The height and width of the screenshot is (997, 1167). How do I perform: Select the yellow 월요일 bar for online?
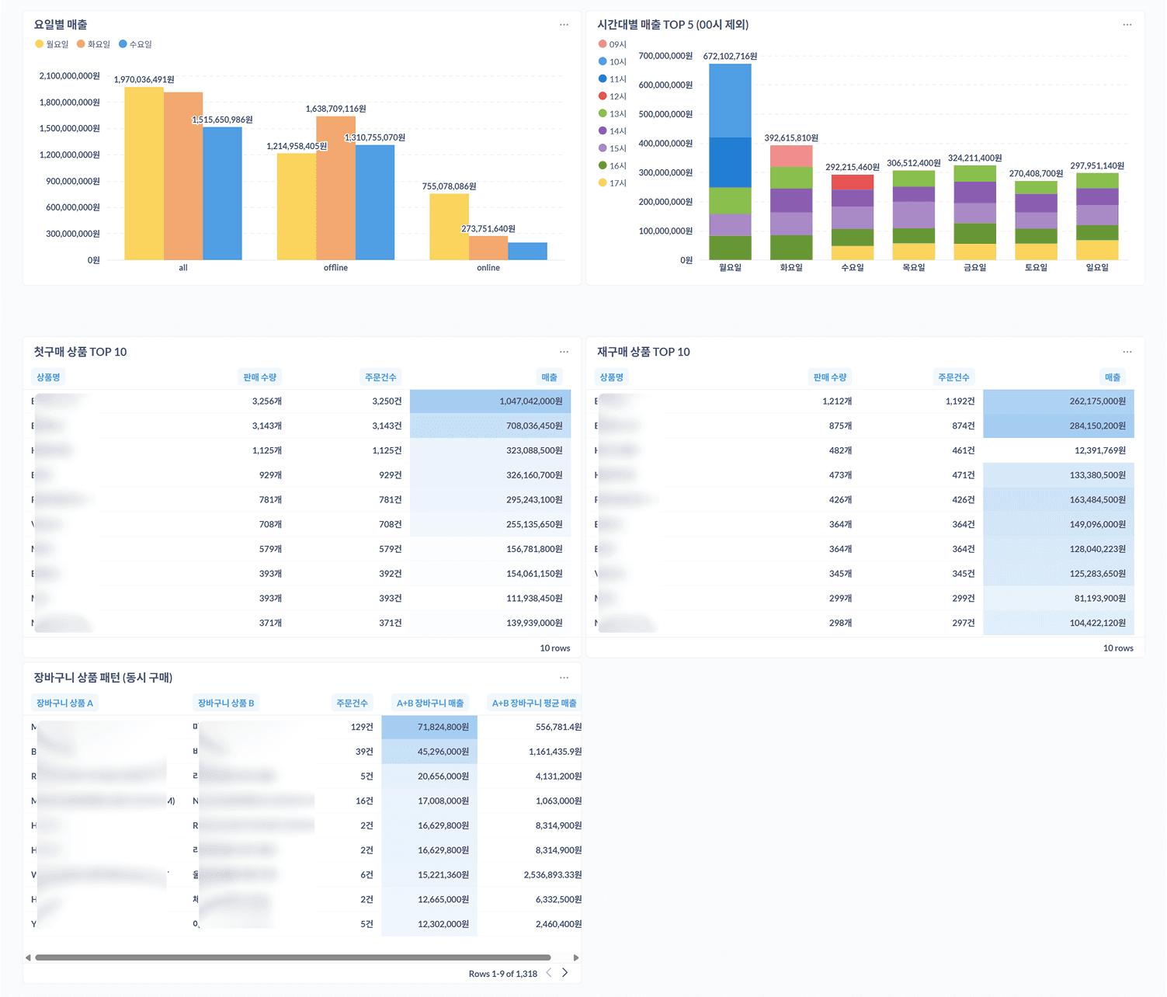(x=449, y=227)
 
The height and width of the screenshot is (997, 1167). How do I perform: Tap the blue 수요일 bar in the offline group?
(x=375, y=202)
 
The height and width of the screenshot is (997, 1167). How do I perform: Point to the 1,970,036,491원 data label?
(x=144, y=79)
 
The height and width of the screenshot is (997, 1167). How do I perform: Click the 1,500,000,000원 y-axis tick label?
(x=69, y=128)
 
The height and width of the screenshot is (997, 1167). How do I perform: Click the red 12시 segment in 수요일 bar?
(x=852, y=182)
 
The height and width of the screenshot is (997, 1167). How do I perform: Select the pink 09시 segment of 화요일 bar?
(x=790, y=156)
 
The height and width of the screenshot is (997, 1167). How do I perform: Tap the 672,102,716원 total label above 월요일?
(x=729, y=56)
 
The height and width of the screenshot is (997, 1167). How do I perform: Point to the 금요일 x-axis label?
(x=974, y=267)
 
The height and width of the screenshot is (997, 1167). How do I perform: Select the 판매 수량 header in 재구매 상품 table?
(x=829, y=377)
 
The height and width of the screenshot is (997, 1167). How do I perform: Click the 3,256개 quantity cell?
(x=266, y=401)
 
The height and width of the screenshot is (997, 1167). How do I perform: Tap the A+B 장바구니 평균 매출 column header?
(x=534, y=703)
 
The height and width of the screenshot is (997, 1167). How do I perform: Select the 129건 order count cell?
(x=362, y=727)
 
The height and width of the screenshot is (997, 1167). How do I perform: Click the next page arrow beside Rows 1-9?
(x=564, y=973)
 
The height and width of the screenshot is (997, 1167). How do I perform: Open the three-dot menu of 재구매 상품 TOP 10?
(x=1127, y=352)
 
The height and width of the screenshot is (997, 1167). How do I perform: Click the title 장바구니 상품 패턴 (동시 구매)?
(x=103, y=678)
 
